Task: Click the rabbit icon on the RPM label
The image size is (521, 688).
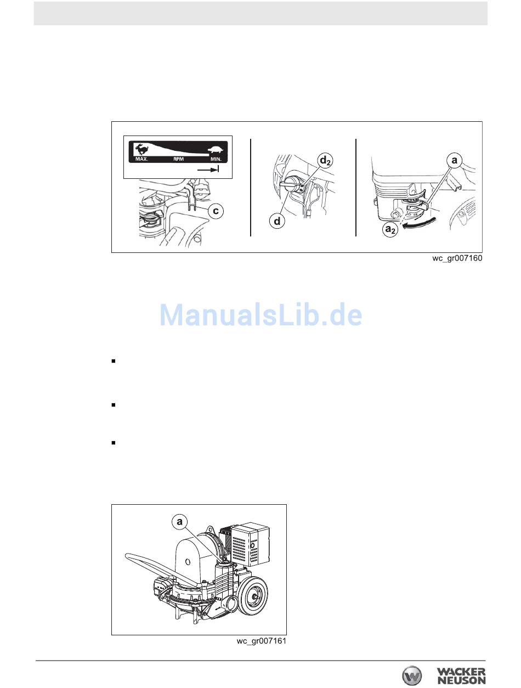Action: point(141,149)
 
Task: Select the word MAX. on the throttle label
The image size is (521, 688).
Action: point(142,159)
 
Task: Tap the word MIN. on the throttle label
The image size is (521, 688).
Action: point(216,159)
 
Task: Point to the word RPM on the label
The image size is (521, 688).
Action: point(179,159)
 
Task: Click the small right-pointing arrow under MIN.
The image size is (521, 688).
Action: point(208,170)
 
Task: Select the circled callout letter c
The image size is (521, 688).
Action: point(216,211)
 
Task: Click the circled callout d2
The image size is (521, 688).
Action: point(326,161)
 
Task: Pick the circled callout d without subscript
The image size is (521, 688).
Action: point(278,221)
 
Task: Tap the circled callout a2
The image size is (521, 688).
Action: point(390,230)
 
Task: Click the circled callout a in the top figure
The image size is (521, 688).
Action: point(454,161)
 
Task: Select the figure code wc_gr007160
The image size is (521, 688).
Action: point(457,258)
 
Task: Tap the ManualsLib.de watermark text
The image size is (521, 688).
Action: point(261,314)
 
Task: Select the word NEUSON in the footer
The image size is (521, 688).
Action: point(461,680)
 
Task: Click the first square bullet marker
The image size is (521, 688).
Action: point(114,361)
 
